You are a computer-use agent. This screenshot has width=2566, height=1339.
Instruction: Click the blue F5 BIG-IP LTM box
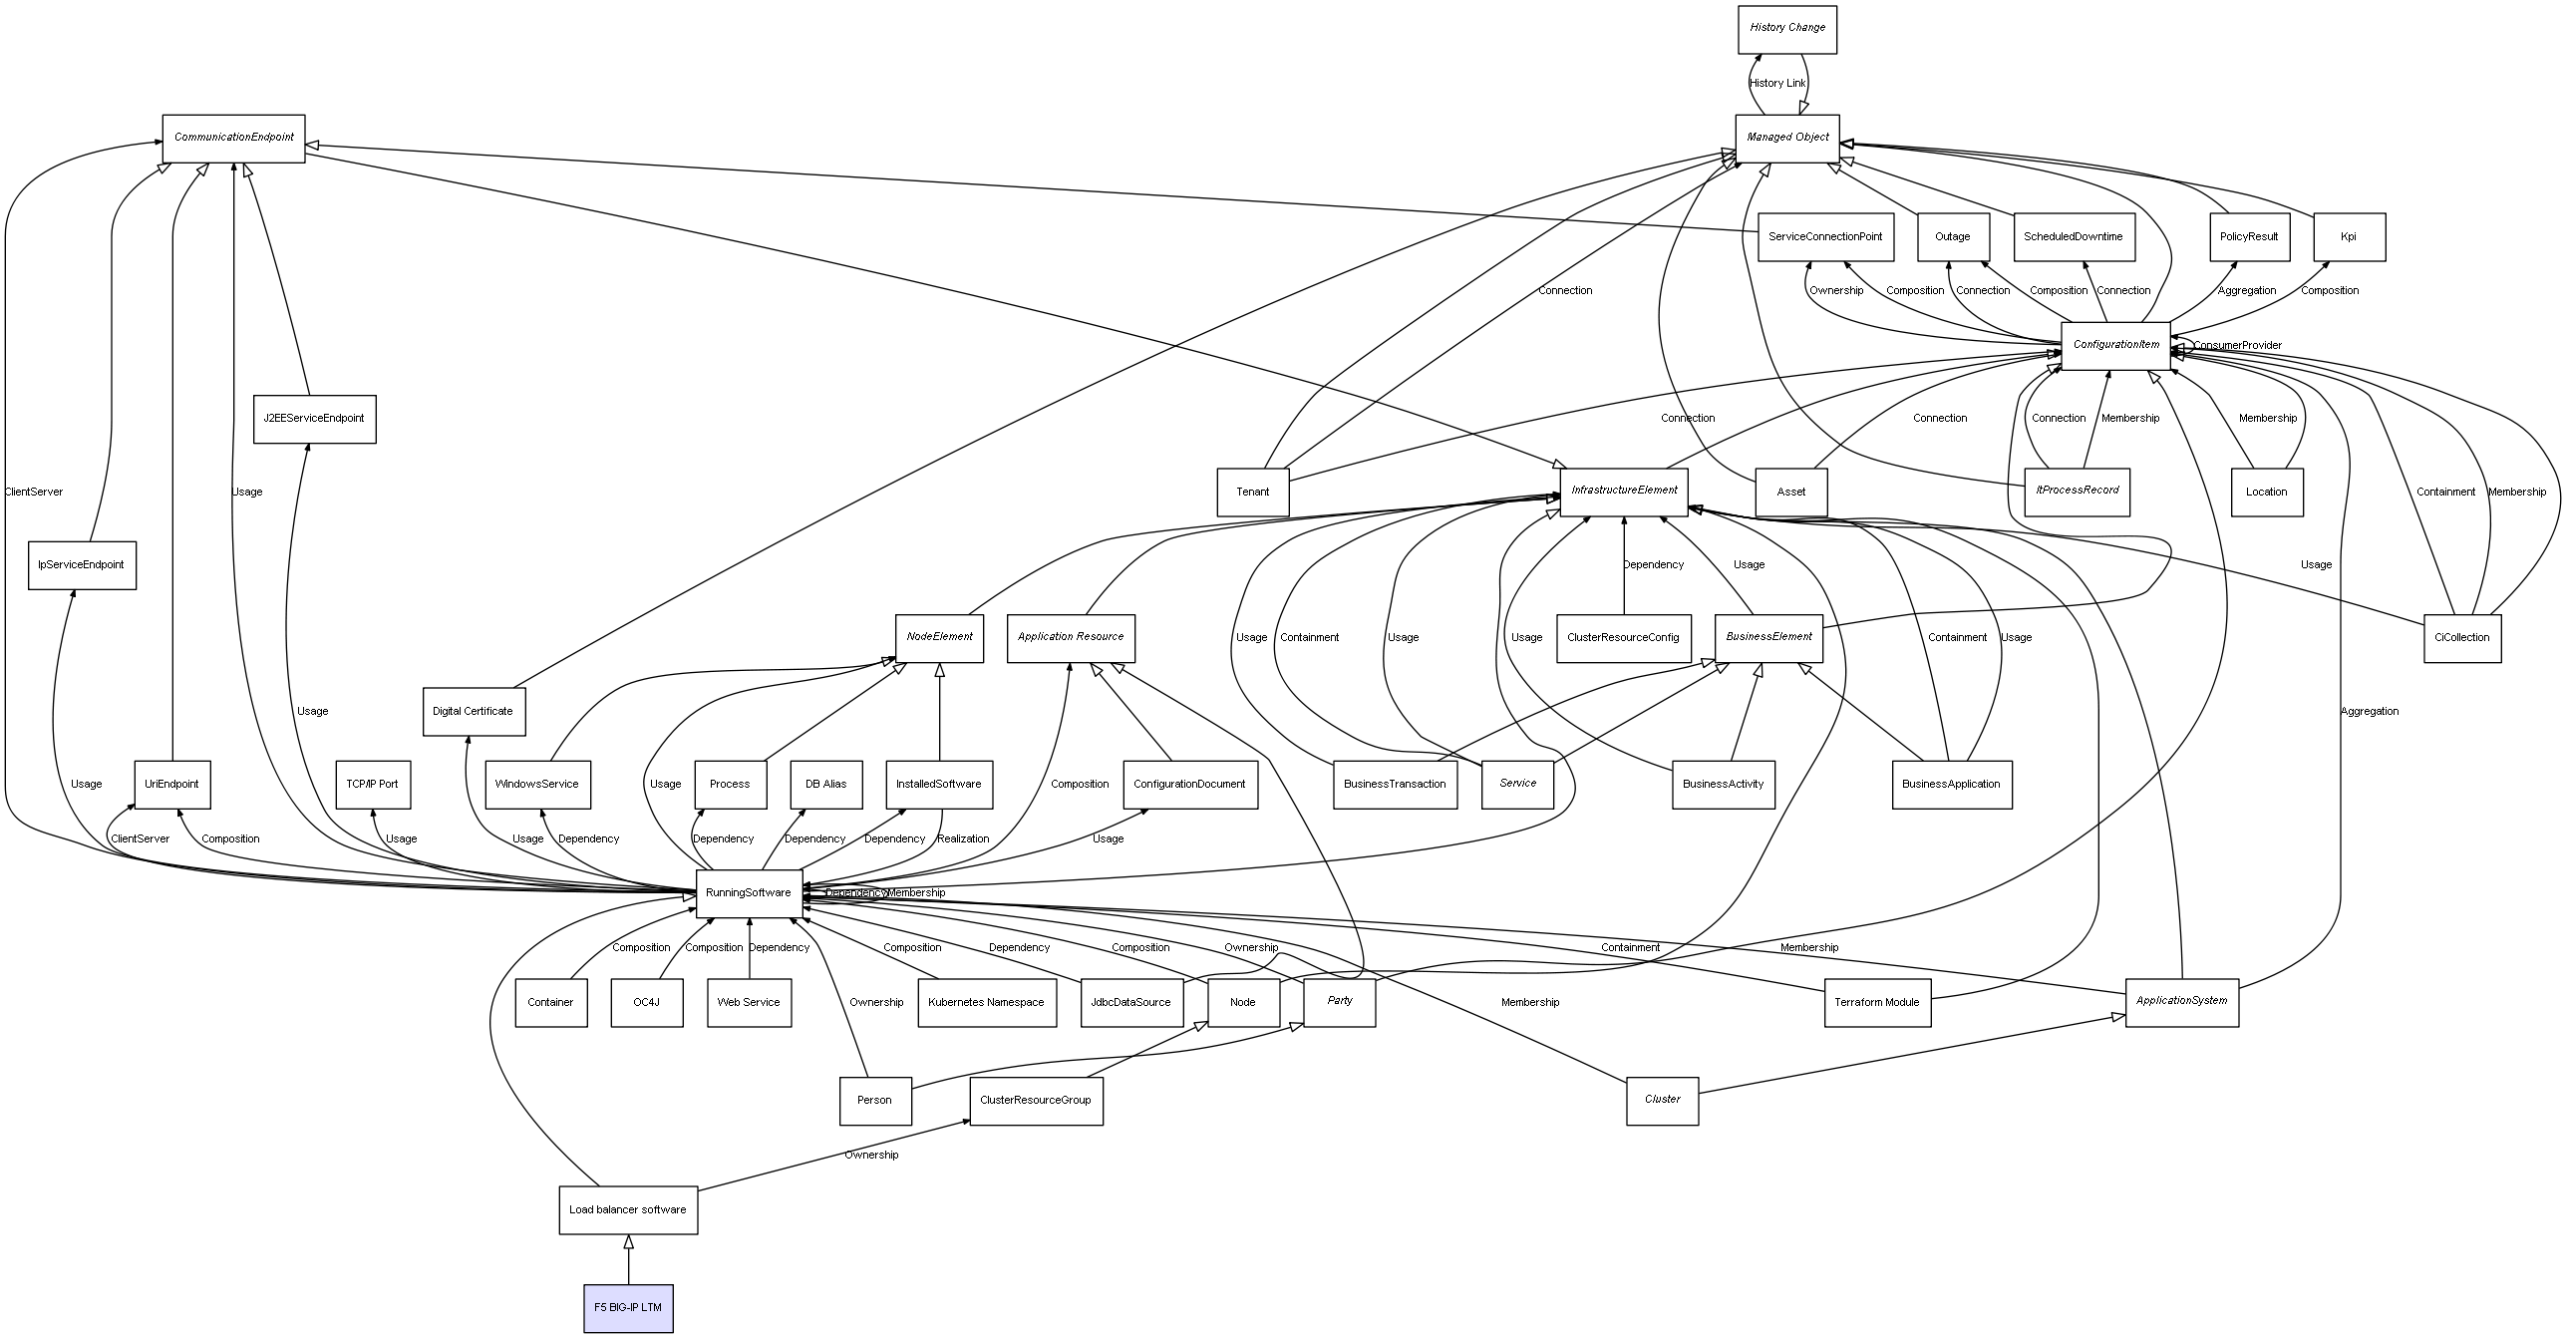[x=628, y=1307]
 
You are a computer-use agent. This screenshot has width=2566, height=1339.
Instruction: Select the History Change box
[x=1786, y=29]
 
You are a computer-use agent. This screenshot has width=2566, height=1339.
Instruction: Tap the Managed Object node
[x=1786, y=138]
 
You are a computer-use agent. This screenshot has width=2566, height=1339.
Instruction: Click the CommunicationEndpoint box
[x=233, y=138]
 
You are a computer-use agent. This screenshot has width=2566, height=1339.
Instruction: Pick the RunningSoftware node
[x=749, y=892]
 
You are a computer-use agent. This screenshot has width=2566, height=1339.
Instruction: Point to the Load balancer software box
[x=628, y=1209]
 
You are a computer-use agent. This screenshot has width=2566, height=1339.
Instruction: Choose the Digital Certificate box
[x=474, y=712]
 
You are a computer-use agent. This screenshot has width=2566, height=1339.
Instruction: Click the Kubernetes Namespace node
[x=986, y=1002]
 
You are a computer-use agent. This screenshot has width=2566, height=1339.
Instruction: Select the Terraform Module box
[x=1876, y=1002]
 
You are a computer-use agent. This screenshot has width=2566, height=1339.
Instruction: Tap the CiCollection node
[x=2461, y=638]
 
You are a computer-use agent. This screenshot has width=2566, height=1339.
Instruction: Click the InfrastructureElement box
[x=1623, y=492]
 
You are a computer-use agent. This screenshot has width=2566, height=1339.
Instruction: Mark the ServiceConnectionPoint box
[x=1824, y=237]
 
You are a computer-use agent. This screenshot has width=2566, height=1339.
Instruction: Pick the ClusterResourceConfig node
[x=1623, y=638]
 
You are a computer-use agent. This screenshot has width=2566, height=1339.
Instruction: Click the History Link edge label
[x=1776, y=84]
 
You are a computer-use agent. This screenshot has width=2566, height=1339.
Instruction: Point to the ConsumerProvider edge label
[x=2237, y=346]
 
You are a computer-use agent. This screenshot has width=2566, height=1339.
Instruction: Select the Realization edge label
[x=963, y=839]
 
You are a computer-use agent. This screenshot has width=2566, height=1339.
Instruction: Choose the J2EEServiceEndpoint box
[x=314, y=419]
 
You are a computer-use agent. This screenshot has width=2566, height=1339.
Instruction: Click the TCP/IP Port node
[x=372, y=785]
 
